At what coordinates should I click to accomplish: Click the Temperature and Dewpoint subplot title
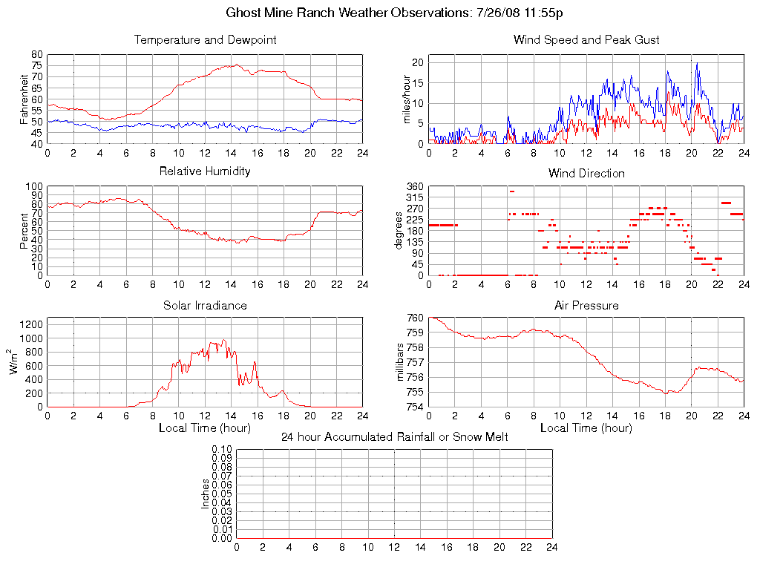(206, 40)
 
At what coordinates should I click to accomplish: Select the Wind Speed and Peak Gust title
(586, 40)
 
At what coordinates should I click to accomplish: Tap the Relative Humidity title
(206, 171)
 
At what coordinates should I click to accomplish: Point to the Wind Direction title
(586, 174)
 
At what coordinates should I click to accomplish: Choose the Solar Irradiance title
(206, 306)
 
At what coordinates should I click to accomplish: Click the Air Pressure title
(586, 306)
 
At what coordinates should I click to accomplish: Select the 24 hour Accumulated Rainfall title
(394, 437)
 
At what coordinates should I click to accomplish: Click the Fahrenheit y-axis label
(24, 99)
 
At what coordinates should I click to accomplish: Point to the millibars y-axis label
(401, 362)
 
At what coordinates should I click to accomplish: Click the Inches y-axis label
(206, 494)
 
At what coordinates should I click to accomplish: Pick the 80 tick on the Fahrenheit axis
(37, 55)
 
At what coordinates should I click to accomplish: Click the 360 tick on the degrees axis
(413, 186)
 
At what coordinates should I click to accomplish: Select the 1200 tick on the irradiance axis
(32, 324)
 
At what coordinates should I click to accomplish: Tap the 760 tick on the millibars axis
(414, 318)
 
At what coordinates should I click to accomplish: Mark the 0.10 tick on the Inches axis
(222, 450)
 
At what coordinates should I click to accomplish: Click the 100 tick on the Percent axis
(35, 186)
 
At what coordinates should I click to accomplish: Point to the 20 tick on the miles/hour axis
(417, 62)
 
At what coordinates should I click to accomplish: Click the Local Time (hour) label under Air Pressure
(586, 428)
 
